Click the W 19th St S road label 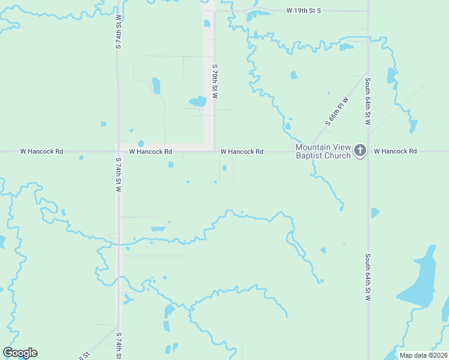click(304, 11)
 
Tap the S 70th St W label click(214, 82)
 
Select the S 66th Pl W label click(337, 110)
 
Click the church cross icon click(360, 151)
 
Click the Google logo click(20, 353)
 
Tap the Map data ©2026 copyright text click(423, 355)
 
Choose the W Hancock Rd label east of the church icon click(395, 151)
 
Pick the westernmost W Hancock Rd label click(41, 151)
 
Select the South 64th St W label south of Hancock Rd click(368, 276)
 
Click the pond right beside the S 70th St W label click(198, 101)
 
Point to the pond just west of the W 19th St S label click(258, 14)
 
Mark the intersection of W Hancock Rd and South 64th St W click(368, 151)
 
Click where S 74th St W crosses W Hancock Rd click(118, 151)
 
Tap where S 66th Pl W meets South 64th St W click(367, 74)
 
